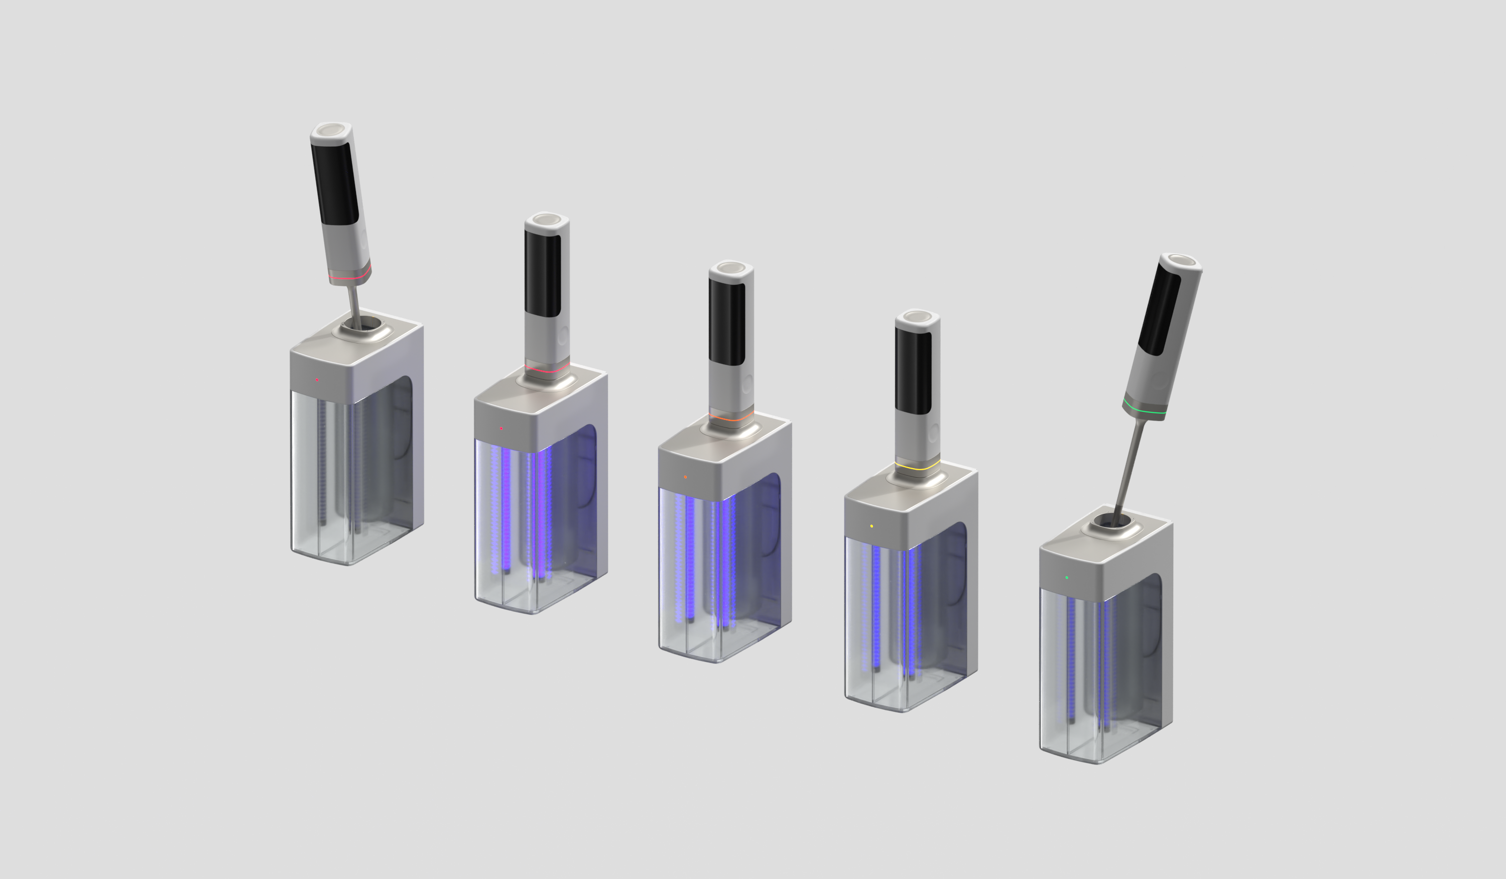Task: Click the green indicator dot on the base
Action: point(1067,578)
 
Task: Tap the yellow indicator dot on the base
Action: point(871,526)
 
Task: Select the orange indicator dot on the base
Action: point(685,477)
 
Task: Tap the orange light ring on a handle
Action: point(731,418)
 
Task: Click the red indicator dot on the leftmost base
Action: point(317,380)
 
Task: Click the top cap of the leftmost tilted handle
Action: point(330,130)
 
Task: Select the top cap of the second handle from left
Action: point(546,219)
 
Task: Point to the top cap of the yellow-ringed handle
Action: point(917,316)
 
